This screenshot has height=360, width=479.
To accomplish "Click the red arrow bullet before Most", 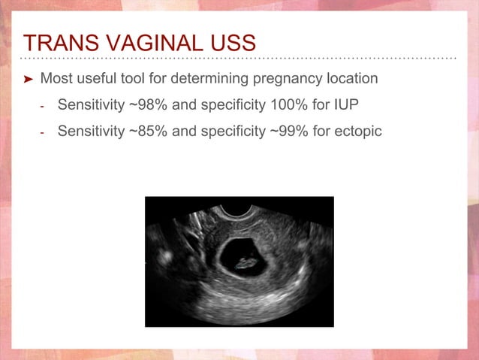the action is pos(28,79).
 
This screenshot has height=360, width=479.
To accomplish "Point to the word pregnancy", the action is pos(288,79).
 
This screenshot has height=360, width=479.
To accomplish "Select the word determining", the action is pos(209,79).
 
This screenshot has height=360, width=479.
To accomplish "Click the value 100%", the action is pos(289,104).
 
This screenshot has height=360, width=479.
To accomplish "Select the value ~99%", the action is pos(289,131).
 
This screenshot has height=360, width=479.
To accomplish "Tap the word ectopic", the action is pos(358,132).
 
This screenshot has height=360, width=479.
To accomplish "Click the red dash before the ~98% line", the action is pos(42,107).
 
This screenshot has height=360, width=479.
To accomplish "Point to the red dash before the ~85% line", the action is pos(42,133).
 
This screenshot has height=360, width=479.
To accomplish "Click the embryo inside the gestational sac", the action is pos(246,263).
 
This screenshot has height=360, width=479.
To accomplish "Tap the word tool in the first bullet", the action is pos(133,78).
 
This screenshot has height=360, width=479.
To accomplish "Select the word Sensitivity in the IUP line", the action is pos(92,105).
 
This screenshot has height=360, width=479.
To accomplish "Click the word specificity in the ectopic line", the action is pos(233,132).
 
